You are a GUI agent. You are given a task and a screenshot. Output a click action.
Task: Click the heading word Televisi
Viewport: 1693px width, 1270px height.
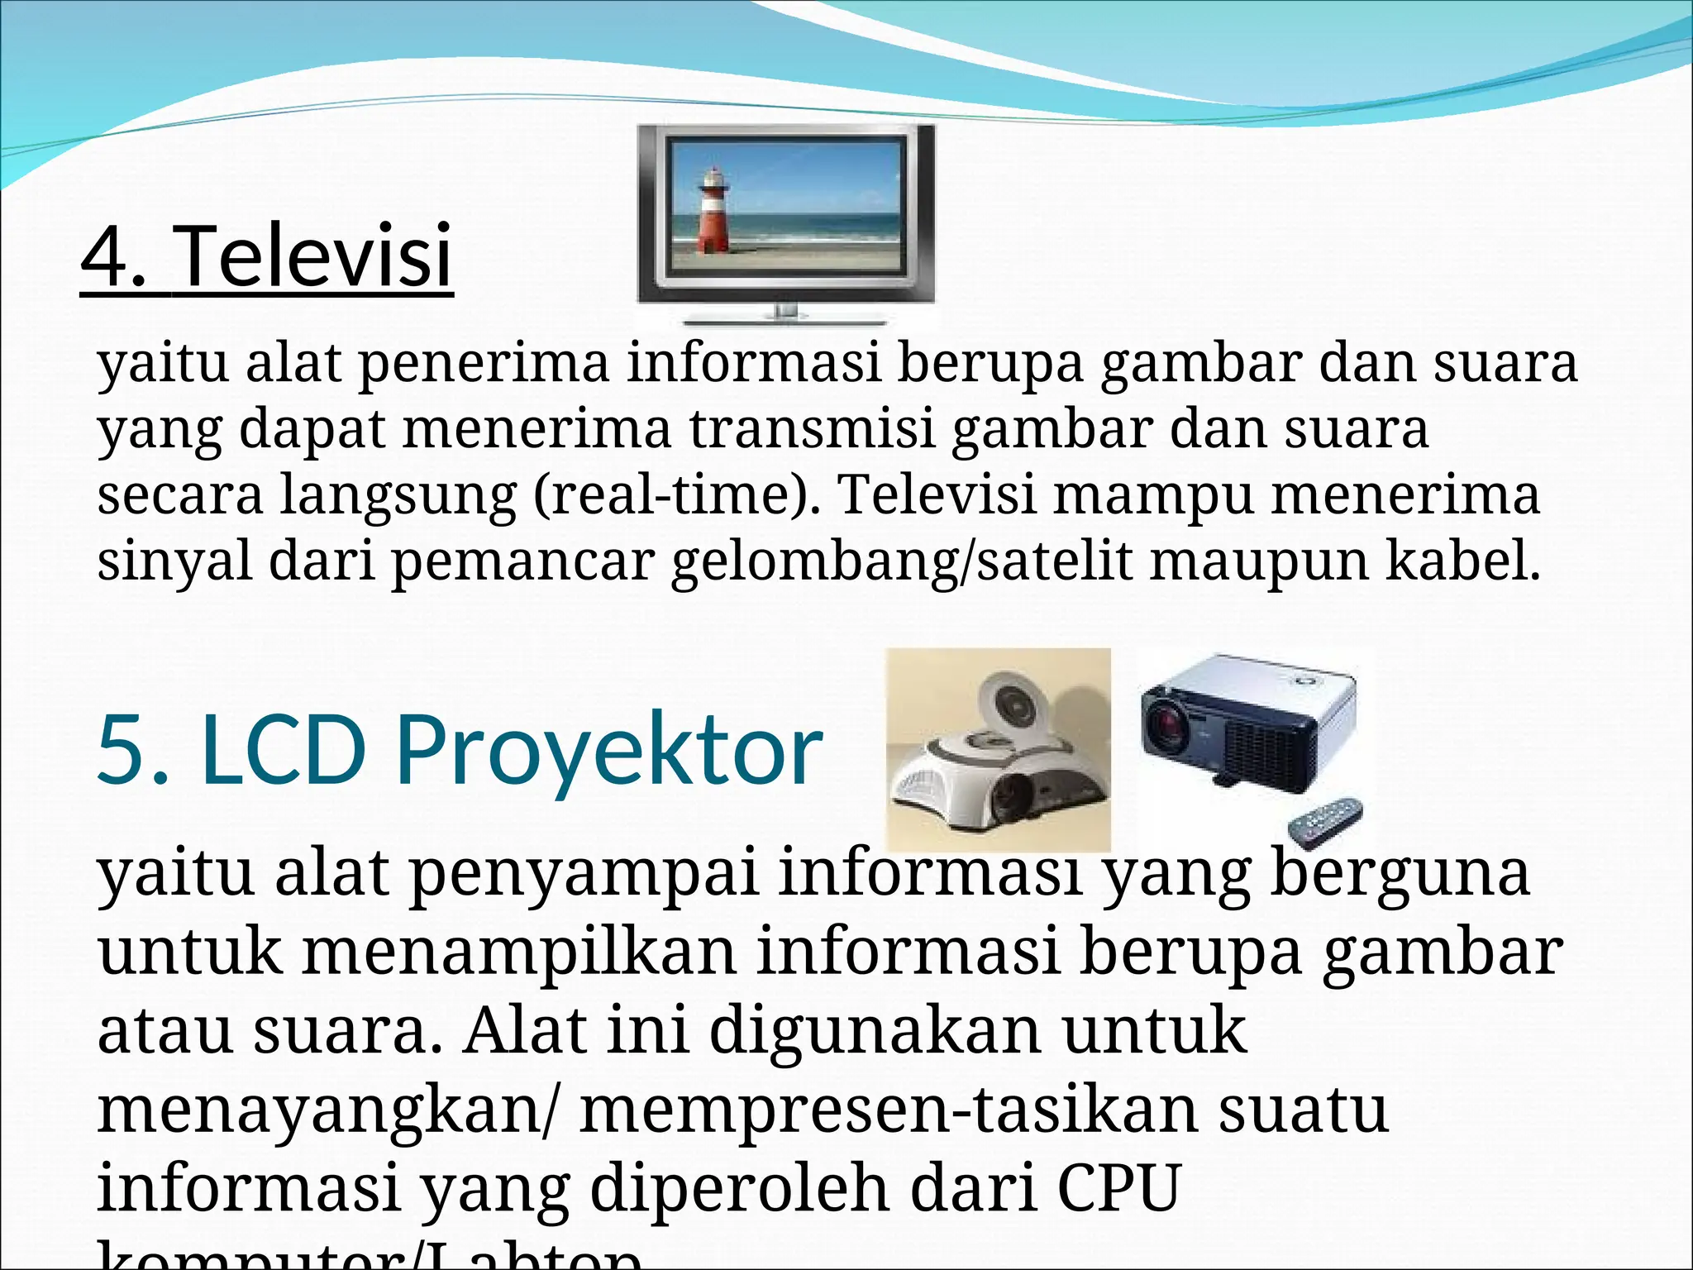click(x=314, y=255)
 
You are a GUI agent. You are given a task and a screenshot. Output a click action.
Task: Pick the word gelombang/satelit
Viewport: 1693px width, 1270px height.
click(x=901, y=562)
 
